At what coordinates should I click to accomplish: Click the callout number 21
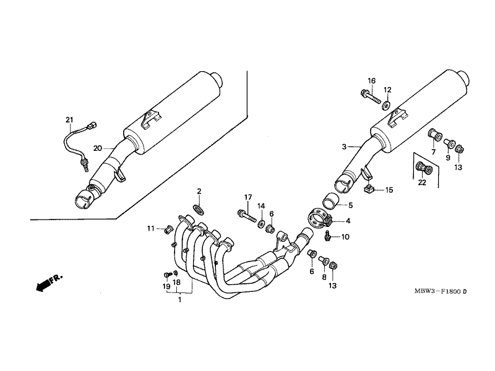69,120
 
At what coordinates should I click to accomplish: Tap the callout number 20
98,148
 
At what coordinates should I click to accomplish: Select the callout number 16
372,81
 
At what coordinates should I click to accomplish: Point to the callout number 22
422,182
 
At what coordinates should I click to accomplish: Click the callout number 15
389,190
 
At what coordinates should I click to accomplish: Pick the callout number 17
248,197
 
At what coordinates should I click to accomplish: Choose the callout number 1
179,299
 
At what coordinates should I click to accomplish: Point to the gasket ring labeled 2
198,209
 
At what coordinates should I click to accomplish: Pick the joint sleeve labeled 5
330,201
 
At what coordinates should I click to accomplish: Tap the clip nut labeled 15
369,189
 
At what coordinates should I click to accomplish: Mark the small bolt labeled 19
167,275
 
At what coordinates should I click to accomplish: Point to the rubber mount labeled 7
434,134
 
